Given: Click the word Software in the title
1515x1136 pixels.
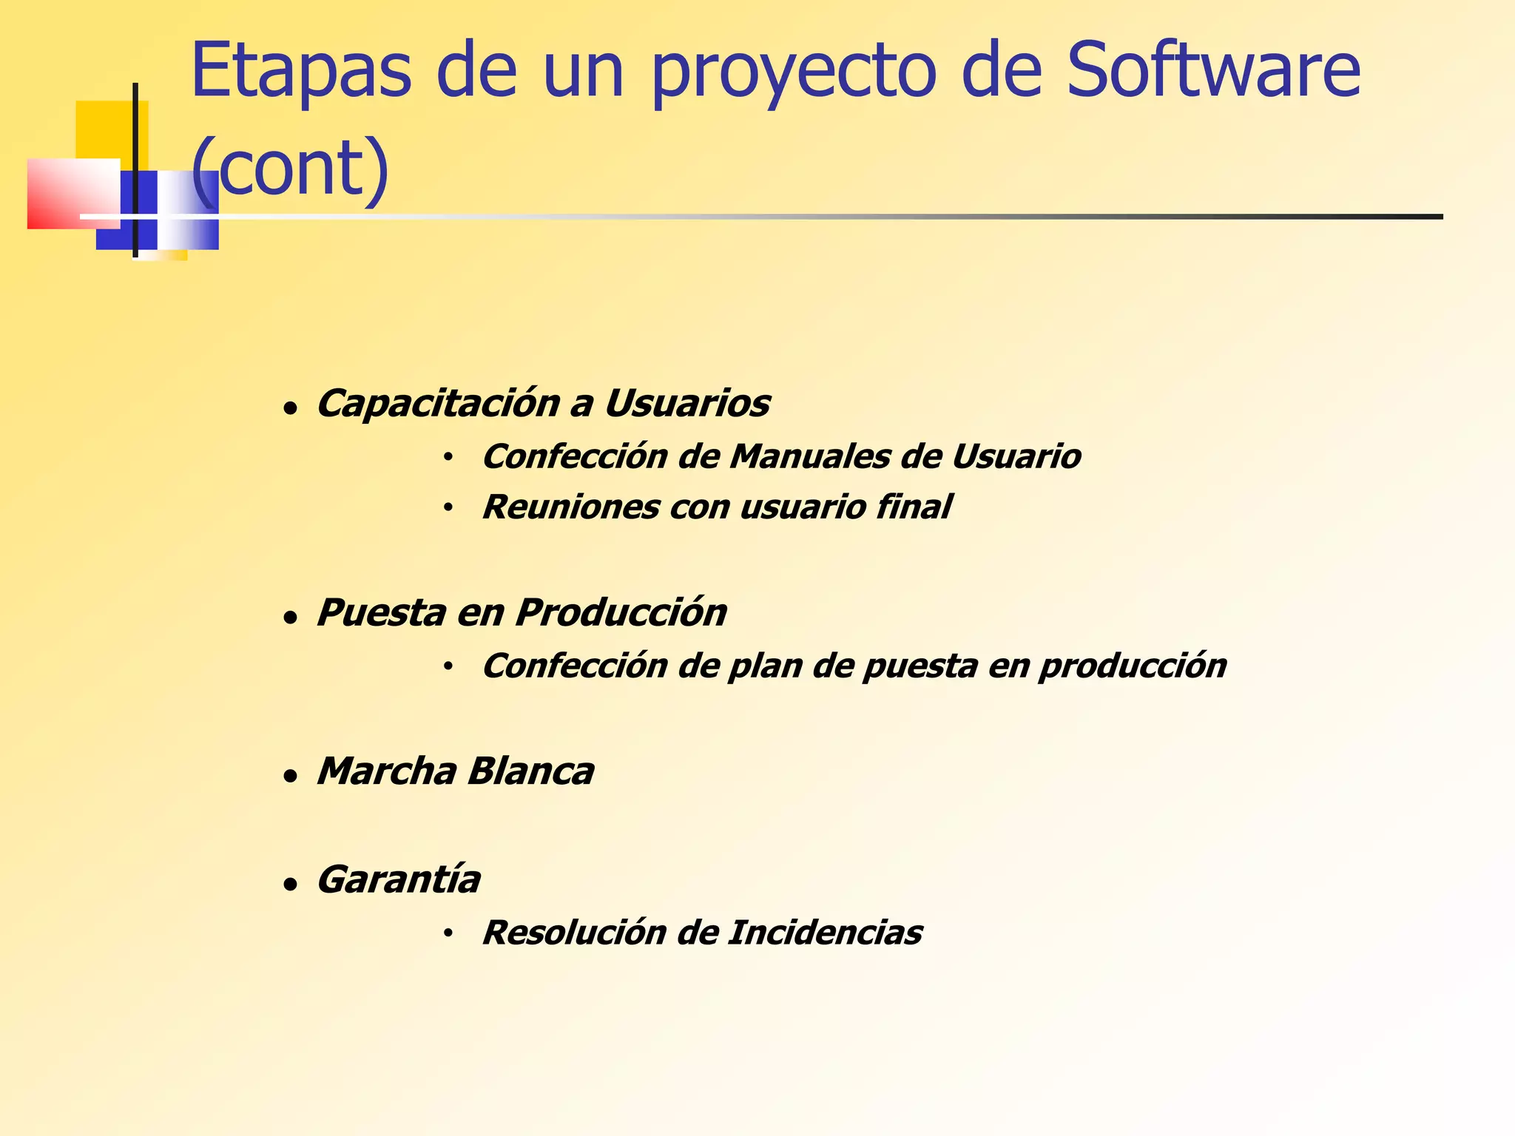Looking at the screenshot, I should [x=1213, y=70].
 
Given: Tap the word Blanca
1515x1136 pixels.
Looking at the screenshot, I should [x=530, y=771].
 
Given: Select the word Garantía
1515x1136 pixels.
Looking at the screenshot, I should [x=399, y=880].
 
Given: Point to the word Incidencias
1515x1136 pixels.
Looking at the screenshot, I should [x=825, y=933].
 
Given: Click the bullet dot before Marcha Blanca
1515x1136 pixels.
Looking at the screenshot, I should [x=291, y=777].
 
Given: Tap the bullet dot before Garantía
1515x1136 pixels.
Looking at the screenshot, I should [x=291, y=885].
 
